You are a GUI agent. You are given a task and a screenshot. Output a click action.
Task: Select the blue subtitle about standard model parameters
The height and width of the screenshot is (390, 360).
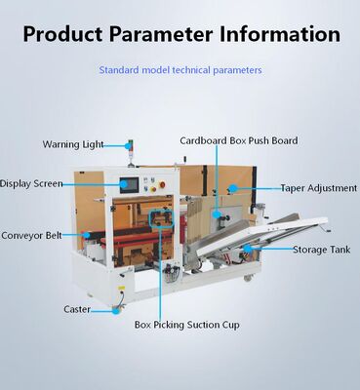pyautogui.click(x=180, y=70)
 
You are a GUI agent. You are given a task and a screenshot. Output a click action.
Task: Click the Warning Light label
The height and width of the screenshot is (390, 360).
pyautogui.click(x=73, y=144)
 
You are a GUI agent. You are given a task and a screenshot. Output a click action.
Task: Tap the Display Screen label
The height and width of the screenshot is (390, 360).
pyautogui.click(x=32, y=182)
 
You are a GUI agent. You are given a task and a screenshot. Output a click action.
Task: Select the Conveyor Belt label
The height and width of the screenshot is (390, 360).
pyautogui.click(x=32, y=235)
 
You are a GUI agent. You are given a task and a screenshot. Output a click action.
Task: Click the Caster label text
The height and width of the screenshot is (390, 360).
pyautogui.click(x=77, y=309)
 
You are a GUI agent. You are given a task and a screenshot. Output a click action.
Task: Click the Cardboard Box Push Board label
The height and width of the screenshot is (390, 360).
pyautogui.click(x=239, y=140)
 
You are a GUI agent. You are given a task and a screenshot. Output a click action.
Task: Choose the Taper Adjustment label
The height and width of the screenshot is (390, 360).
pyautogui.click(x=318, y=187)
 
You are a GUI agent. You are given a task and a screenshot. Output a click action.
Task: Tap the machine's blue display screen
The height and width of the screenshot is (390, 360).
pyautogui.click(x=131, y=183)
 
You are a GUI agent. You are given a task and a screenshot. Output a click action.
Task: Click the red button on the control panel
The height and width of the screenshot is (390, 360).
pyautogui.click(x=165, y=183)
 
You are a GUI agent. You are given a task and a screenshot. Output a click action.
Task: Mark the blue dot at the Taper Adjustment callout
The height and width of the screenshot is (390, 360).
pyautogui.click(x=233, y=187)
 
